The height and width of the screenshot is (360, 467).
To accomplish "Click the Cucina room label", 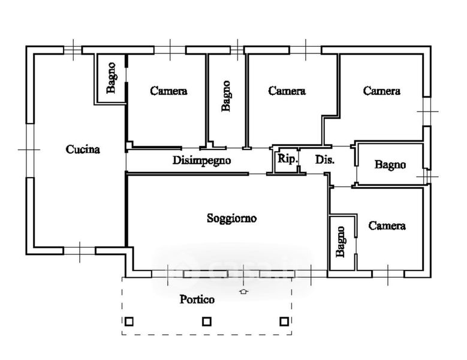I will (x=83, y=150).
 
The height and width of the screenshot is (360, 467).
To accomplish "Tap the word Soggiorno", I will (x=231, y=218).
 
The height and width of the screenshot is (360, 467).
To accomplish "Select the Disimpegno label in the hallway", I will (x=201, y=160).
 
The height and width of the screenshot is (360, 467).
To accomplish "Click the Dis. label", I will (x=325, y=160).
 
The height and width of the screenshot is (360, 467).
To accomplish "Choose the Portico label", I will (x=197, y=299).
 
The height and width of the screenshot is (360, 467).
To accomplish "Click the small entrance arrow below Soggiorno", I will (x=243, y=292).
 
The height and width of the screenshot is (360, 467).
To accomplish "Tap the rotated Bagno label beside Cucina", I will (x=112, y=79).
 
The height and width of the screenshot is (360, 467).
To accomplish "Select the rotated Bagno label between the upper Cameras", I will (x=226, y=96).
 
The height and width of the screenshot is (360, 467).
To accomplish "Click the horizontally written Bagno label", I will (x=390, y=165).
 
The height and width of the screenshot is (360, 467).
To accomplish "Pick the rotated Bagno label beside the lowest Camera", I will (x=341, y=241).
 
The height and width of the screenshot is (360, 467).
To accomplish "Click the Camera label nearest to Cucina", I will (x=168, y=91).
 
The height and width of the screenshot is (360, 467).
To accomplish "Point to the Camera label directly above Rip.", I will (x=287, y=91).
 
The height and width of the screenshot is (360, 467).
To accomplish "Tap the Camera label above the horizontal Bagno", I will (x=382, y=91).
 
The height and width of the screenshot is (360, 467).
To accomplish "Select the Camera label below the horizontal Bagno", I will (x=387, y=226).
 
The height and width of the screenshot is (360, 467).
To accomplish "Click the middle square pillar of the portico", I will (x=206, y=322).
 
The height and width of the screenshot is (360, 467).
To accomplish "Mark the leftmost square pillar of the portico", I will (x=128, y=322).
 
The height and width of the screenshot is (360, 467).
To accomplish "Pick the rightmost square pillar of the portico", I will (x=284, y=322).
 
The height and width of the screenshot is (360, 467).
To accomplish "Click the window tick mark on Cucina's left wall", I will (x=28, y=149).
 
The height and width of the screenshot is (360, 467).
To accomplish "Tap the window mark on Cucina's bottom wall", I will (x=80, y=249).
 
